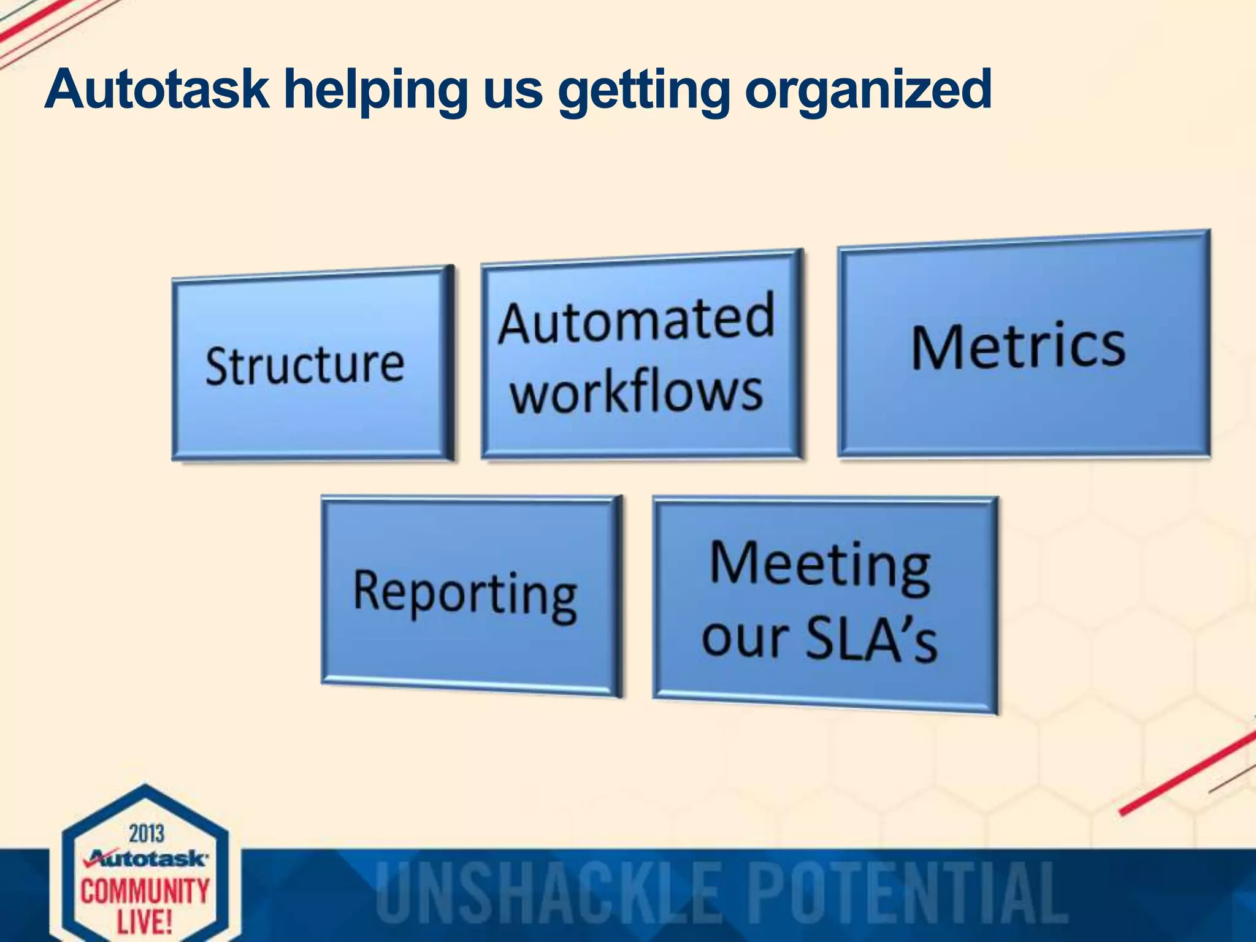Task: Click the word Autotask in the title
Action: (157, 90)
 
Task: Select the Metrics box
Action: (1023, 345)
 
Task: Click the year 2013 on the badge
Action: (147, 833)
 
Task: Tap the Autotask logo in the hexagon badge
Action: (147, 858)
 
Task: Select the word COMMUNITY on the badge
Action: (145, 890)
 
